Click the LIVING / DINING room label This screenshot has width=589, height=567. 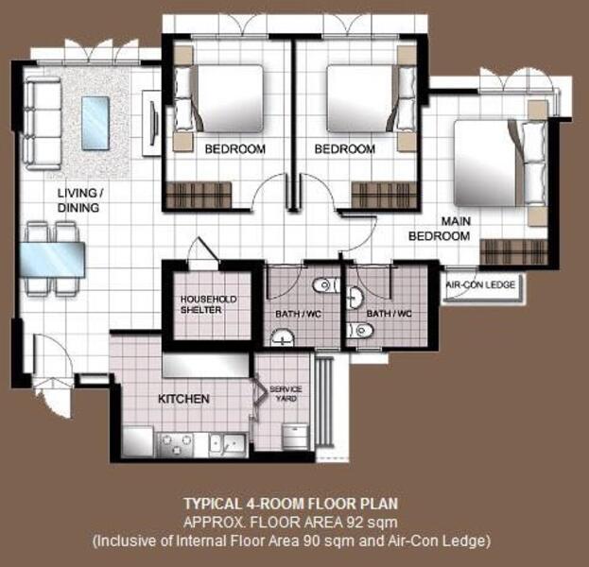(x=79, y=200)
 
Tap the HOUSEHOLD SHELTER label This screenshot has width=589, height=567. (x=206, y=304)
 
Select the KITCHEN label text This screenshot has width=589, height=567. (x=183, y=399)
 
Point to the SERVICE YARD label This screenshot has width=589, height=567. (x=285, y=394)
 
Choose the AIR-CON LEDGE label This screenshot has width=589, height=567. (x=481, y=283)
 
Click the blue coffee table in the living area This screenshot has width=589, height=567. (x=95, y=123)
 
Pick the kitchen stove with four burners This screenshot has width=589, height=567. (x=176, y=442)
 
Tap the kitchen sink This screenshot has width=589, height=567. (x=228, y=442)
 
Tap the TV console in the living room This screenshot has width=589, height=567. (x=150, y=123)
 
